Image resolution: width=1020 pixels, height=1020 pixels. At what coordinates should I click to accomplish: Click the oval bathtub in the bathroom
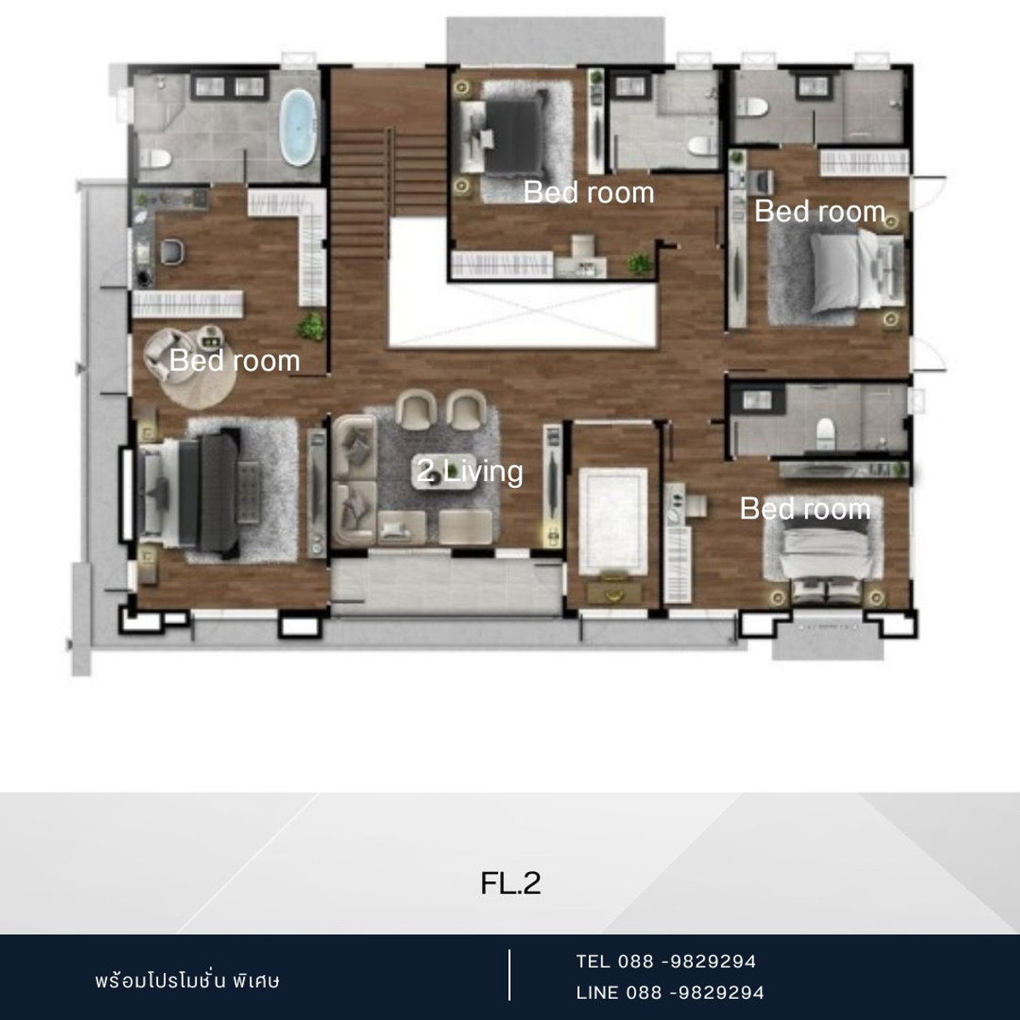click(298, 127)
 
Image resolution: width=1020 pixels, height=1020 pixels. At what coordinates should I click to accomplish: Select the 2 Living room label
click(469, 471)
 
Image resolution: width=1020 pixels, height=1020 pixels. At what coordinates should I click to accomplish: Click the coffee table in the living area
click(445, 472)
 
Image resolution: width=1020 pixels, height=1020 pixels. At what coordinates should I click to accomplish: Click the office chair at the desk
click(173, 251)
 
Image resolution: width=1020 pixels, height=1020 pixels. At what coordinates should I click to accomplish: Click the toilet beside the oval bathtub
click(156, 158)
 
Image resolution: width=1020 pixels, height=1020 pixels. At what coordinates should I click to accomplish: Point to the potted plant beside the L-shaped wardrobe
click(312, 326)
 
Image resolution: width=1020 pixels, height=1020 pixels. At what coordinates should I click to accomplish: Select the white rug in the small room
click(614, 521)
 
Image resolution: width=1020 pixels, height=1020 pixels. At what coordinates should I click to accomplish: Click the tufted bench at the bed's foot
click(249, 492)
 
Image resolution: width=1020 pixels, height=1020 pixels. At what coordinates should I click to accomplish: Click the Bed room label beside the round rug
click(235, 361)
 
